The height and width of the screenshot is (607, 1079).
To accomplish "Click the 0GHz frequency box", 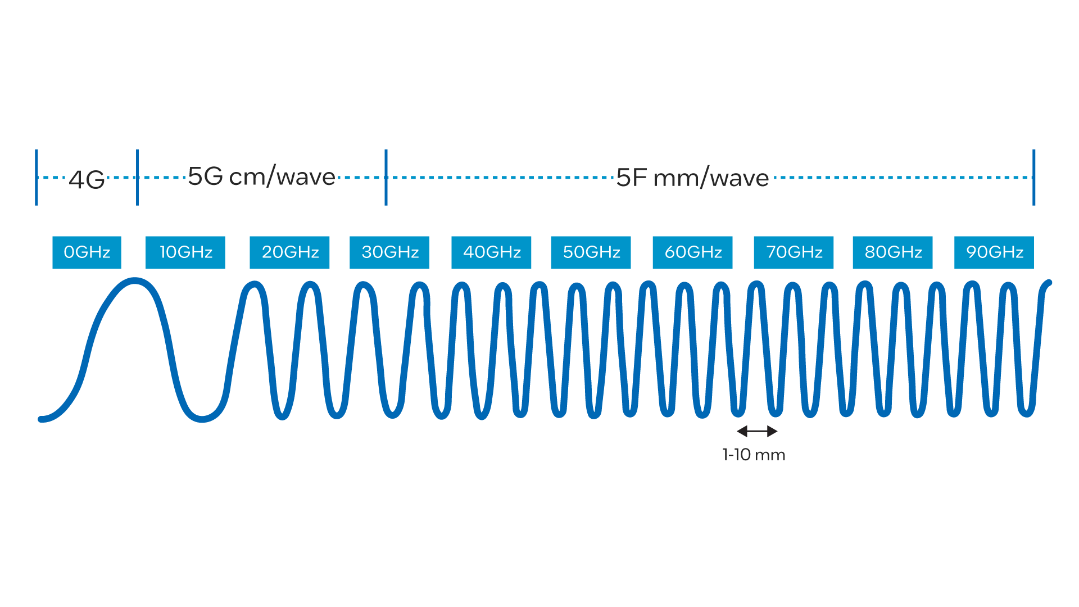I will pos(87,252).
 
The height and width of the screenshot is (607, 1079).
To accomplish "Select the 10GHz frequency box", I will pos(185,252).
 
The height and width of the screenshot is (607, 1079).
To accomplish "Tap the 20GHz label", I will pos(289,252).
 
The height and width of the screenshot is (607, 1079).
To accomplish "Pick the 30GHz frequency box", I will pos(389,252).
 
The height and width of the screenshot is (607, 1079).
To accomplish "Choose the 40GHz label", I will pos(491,252).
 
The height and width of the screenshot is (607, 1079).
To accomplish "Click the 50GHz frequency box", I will pos(591,252).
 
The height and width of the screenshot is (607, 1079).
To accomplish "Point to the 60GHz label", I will pos(692,252).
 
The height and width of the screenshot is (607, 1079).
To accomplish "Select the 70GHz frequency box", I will pos(794,252).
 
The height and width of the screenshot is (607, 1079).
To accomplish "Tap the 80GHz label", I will pos(892,252).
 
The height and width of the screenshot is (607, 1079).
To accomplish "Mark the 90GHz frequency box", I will pos(994,252).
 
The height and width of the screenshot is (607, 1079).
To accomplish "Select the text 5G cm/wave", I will pos(261,176).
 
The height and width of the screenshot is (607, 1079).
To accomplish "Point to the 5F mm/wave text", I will pos(692,178).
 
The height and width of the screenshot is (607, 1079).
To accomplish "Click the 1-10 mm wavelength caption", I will pos(754,455).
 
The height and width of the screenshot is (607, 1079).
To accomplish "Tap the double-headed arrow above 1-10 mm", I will pos(757,431).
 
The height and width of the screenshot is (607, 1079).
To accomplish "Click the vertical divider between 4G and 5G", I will pos(138,177).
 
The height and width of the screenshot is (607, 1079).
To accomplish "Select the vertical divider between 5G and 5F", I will pos(386,177).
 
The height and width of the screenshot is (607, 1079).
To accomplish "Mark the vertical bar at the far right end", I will pos(1034,177).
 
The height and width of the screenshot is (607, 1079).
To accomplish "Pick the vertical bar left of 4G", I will pos(37,177).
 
